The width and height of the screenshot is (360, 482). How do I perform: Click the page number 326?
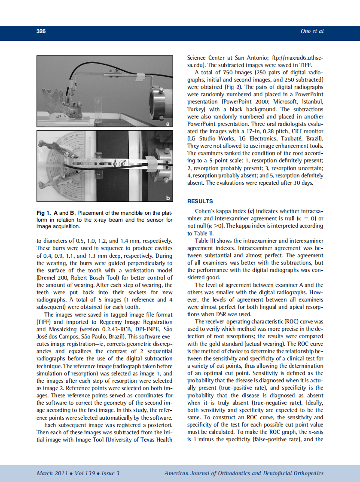tap(41, 31)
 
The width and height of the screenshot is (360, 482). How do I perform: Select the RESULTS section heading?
tap(200, 201)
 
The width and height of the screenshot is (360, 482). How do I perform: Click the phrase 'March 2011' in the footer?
tap(51, 473)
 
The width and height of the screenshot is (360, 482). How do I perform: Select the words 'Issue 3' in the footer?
tap(110, 473)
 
